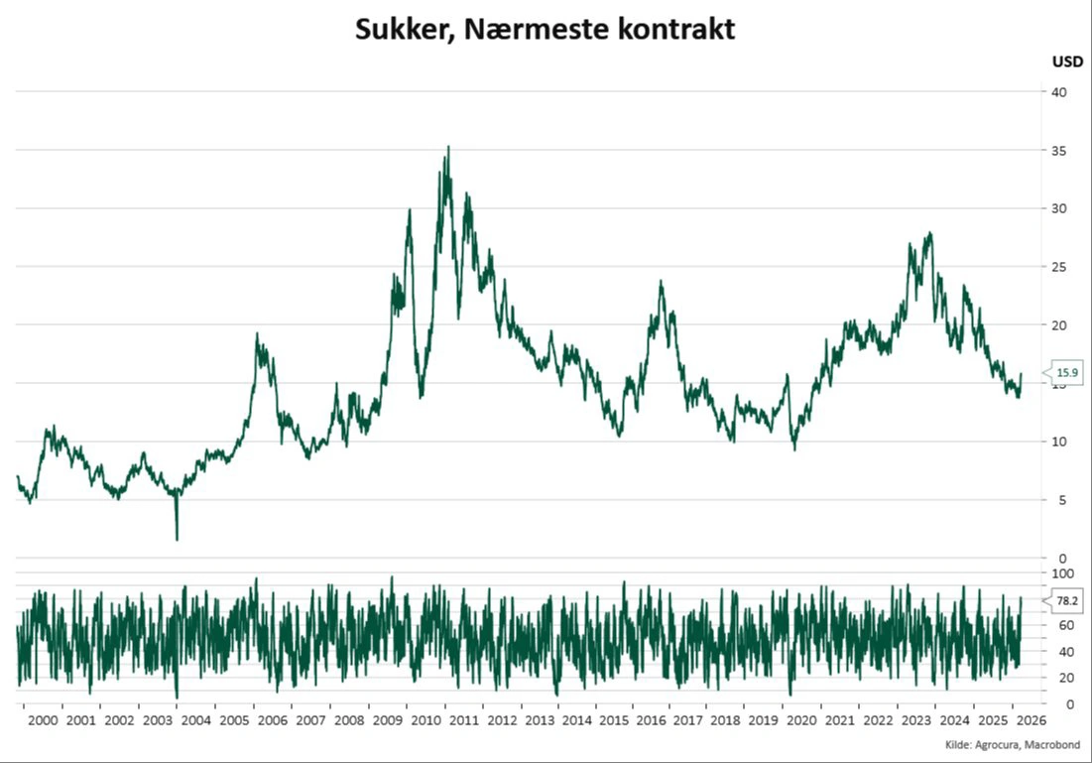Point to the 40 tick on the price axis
click(1059, 92)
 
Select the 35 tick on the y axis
click(1059, 151)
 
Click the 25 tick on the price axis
click(1059, 267)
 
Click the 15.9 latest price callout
click(1066, 373)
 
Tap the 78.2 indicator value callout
click(1067, 600)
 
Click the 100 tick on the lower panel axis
click(1062, 573)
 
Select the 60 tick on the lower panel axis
click(1059, 626)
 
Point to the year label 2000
click(44, 721)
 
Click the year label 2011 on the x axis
click(463, 721)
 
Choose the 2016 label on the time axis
click(651, 721)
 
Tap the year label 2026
click(1029, 721)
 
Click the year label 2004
click(195, 721)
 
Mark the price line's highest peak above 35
click(447, 147)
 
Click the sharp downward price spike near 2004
click(177, 538)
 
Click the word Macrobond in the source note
click(1053, 744)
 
